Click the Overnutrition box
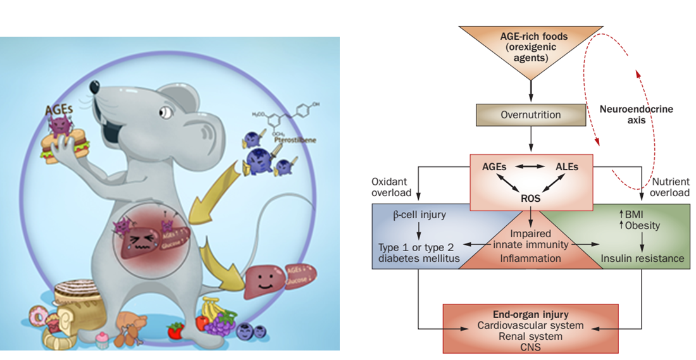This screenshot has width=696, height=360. click(530, 115)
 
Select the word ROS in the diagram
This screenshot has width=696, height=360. click(530, 199)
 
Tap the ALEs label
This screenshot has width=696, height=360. click(568, 166)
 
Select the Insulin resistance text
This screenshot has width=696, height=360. click(642, 258)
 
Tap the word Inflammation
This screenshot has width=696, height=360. click(530, 258)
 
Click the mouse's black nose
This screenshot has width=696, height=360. click(93, 85)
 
